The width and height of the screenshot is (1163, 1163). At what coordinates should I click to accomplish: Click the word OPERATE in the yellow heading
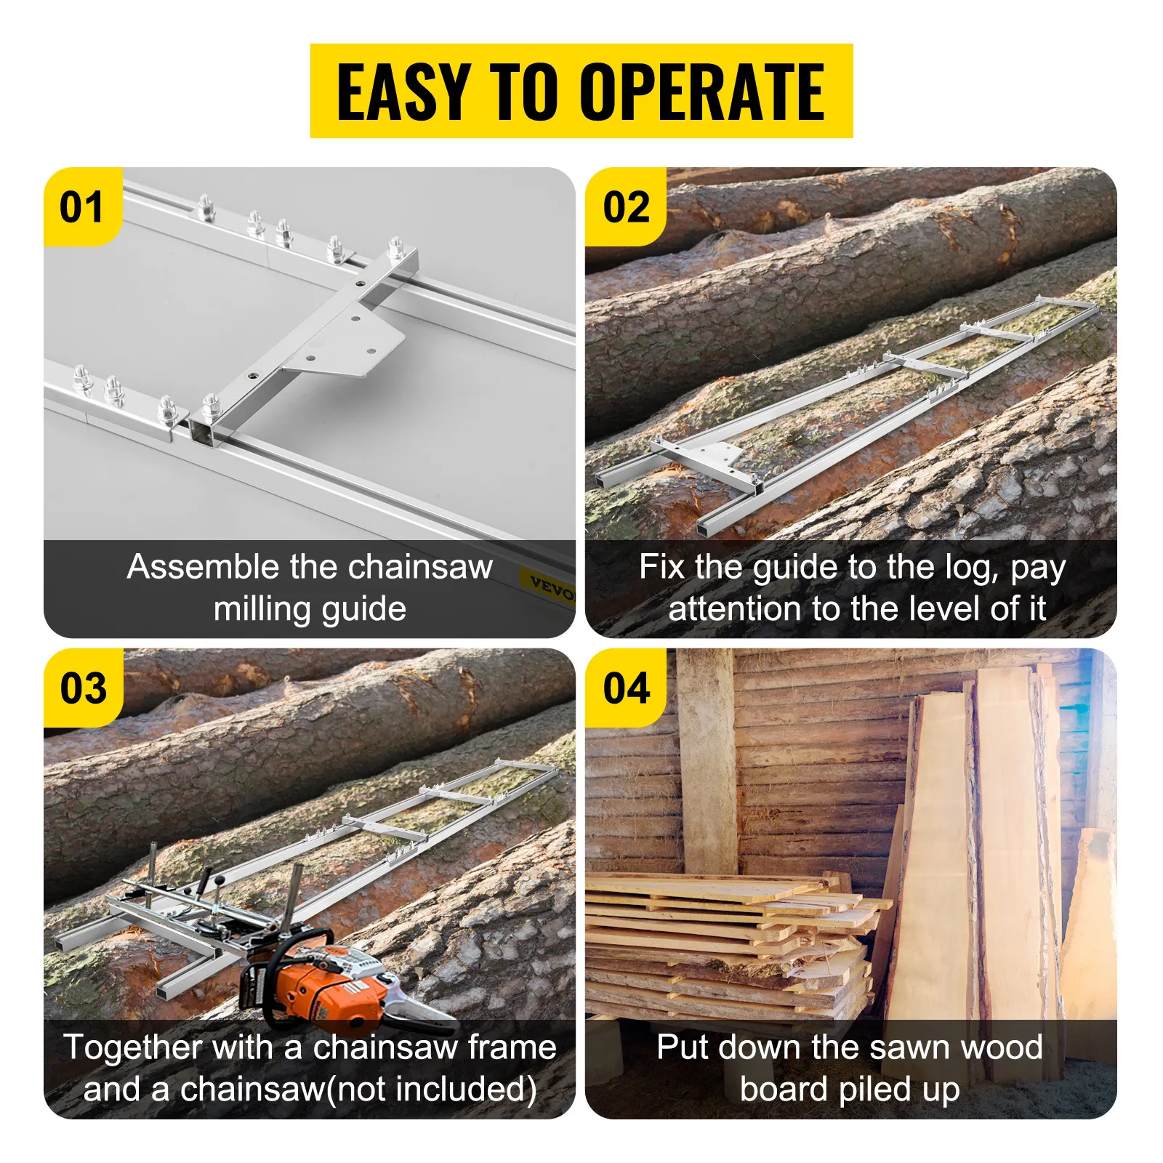point(701,92)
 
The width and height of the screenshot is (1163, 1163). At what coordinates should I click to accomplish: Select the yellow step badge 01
point(81,207)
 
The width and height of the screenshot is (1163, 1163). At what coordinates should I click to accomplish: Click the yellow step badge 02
point(626,207)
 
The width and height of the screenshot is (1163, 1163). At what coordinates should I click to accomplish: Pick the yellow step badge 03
point(83,688)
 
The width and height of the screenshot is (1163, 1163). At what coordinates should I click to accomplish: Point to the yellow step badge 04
point(626,688)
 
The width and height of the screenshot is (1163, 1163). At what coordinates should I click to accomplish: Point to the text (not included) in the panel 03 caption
point(432,1089)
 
